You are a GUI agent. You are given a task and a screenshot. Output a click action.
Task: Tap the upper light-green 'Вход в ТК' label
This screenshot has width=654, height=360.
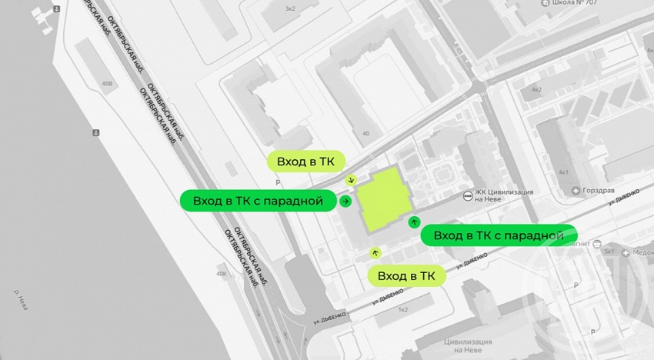(x=306, y=162)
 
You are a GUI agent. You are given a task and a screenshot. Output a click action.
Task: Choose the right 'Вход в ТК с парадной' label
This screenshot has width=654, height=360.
(x=499, y=235)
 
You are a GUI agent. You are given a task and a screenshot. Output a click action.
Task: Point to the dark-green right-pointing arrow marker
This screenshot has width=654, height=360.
(x=345, y=202)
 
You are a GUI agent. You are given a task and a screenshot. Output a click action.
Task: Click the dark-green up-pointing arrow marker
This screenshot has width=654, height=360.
(x=415, y=222)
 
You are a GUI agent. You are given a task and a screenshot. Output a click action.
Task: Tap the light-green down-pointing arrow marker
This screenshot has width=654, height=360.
(x=352, y=180)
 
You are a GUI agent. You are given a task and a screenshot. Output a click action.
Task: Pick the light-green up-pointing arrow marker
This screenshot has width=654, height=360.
(x=375, y=252)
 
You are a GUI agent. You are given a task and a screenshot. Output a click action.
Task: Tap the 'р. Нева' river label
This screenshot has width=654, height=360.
(x=21, y=296)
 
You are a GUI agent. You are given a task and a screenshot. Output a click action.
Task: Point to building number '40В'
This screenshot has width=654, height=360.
(x=107, y=83)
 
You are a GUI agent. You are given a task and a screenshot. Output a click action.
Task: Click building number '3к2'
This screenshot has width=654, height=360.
(x=289, y=8)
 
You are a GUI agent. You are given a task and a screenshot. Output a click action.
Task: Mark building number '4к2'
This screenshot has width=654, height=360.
(x=536, y=89)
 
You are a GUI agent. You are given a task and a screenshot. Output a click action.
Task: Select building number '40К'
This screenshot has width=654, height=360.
(x=222, y=274)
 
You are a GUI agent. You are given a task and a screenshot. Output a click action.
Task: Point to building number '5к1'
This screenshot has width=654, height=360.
(x=609, y=252)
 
